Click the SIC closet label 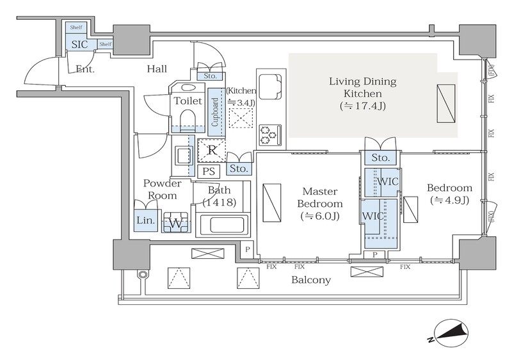pos(79,44)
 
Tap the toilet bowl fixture pos(187,119)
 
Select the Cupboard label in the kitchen pos(215,112)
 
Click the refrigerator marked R pos(212,151)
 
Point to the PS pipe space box pos(209,172)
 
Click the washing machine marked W pos(176,222)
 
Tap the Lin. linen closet pos(145,220)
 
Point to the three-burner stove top pos(270,135)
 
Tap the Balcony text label pos(311,280)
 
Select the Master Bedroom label pos(320,197)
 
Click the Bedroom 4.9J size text pos(450,200)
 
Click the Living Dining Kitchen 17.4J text pos(363,94)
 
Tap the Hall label pos(157,69)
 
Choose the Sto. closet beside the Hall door pos(211,76)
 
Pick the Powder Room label pos(162,189)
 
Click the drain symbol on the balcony pos(142,274)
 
